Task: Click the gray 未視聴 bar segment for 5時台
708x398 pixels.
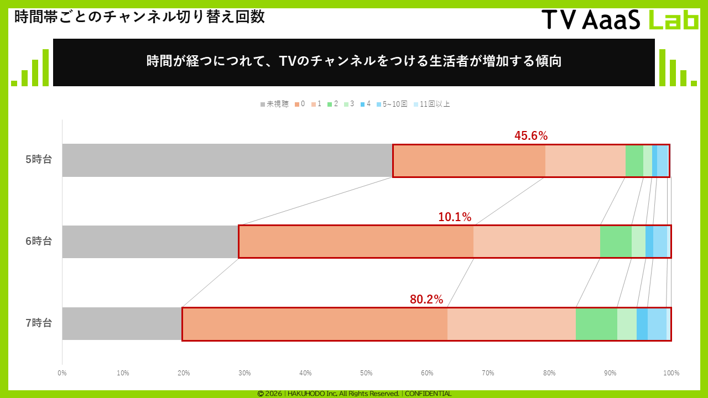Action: pyautogui.click(x=227, y=160)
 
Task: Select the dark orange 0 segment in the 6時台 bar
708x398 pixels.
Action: pyautogui.click(x=356, y=242)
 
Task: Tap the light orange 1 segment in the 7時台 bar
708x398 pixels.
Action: pyautogui.click(x=512, y=323)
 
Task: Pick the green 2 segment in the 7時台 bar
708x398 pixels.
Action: pyautogui.click(x=596, y=323)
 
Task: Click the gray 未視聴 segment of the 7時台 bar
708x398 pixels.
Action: pyautogui.click(x=122, y=323)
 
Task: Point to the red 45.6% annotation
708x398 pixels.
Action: pyautogui.click(x=531, y=136)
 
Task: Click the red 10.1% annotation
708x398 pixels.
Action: pyautogui.click(x=455, y=217)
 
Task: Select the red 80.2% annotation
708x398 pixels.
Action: pyautogui.click(x=426, y=300)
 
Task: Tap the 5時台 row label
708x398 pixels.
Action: pyautogui.click(x=39, y=160)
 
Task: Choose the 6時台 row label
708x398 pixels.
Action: pyautogui.click(x=39, y=242)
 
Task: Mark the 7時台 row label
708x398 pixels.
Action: pyautogui.click(x=39, y=323)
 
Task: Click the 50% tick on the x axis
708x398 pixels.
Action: pyautogui.click(x=366, y=373)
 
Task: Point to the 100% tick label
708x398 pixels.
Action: pyautogui.click(x=671, y=373)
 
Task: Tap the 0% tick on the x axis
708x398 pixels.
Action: pyautogui.click(x=62, y=373)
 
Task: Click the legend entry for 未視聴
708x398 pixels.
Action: pyautogui.click(x=274, y=104)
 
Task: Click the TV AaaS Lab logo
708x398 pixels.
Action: pyautogui.click(x=620, y=20)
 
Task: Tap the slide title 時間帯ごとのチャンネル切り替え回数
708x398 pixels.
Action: pyautogui.click(x=139, y=17)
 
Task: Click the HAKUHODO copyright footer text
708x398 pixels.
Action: pyautogui.click(x=354, y=394)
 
